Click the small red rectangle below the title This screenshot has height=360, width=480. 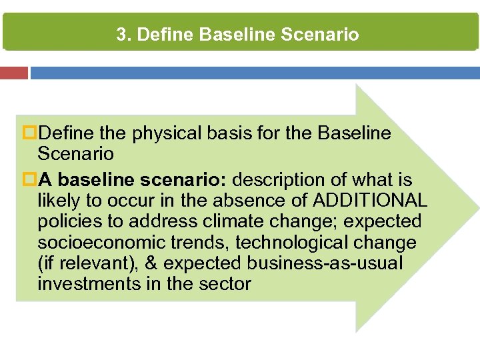14,73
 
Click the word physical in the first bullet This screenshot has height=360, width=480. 166,134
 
